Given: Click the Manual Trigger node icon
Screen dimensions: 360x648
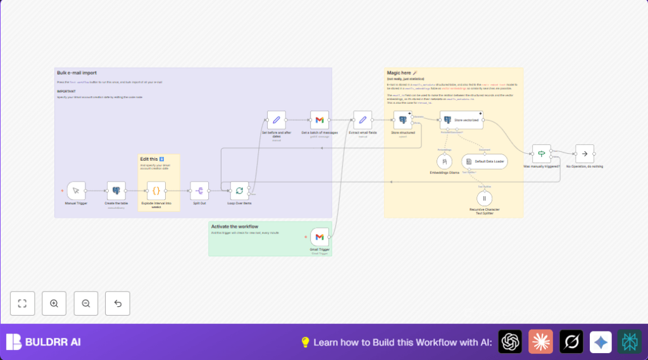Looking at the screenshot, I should pyautogui.click(x=76, y=190).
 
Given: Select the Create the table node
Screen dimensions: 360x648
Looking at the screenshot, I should pyautogui.click(x=116, y=190).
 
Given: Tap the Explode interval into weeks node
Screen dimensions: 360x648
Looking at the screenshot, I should pyautogui.click(x=156, y=190).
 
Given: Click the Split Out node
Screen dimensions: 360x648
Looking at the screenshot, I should pyautogui.click(x=199, y=190).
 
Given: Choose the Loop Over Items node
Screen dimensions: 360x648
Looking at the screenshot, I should pyautogui.click(x=239, y=190).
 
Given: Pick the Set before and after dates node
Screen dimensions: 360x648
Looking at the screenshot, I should pyautogui.click(x=276, y=120).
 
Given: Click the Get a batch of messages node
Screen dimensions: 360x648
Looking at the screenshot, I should pyautogui.click(x=320, y=120).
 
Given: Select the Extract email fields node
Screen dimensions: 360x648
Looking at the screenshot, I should pyautogui.click(x=363, y=120).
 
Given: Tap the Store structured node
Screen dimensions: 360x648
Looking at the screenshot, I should pyautogui.click(x=402, y=120).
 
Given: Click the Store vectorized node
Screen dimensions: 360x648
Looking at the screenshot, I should pyautogui.click(x=461, y=120).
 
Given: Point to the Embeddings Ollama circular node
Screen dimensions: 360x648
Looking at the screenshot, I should pyautogui.click(x=445, y=161).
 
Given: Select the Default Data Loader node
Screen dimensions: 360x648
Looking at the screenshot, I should pyautogui.click(x=484, y=161).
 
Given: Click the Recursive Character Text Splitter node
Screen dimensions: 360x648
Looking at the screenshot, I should pyautogui.click(x=484, y=199).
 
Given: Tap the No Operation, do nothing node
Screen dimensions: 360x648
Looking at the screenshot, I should pyautogui.click(x=584, y=153).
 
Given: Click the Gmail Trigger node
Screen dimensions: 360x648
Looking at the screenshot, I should pyautogui.click(x=320, y=237).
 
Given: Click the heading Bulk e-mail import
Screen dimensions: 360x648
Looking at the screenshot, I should pyautogui.click(x=77, y=73).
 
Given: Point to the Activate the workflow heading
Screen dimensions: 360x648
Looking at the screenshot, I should pyautogui.click(x=234, y=227).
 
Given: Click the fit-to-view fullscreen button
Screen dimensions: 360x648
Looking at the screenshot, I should pyautogui.click(x=22, y=304).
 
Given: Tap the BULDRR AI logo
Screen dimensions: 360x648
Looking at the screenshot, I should pyautogui.click(x=44, y=342).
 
